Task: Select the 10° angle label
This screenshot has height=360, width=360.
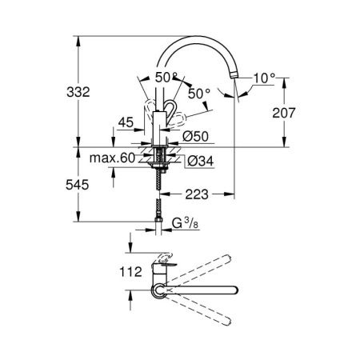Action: point(263,78)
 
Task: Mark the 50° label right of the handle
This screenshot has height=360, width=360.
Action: point(198,94)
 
